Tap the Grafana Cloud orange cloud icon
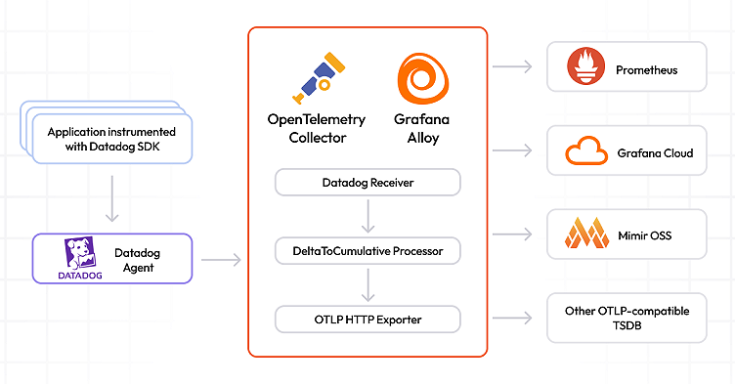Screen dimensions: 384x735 coord(586,153)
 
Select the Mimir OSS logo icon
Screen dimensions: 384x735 coord(585,235)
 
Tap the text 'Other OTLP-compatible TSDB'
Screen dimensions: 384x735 coord(627,318)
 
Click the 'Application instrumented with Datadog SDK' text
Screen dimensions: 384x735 coord(111,138)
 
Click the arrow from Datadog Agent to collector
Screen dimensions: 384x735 coord(221,260)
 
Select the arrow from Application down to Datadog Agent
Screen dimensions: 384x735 coord(112,198)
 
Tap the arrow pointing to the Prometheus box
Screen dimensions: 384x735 coord(513,67)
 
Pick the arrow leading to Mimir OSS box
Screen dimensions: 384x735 coord(513,235)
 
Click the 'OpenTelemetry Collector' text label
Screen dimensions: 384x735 coord(317,128)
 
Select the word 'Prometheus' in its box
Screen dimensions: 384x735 coord(646,70)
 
